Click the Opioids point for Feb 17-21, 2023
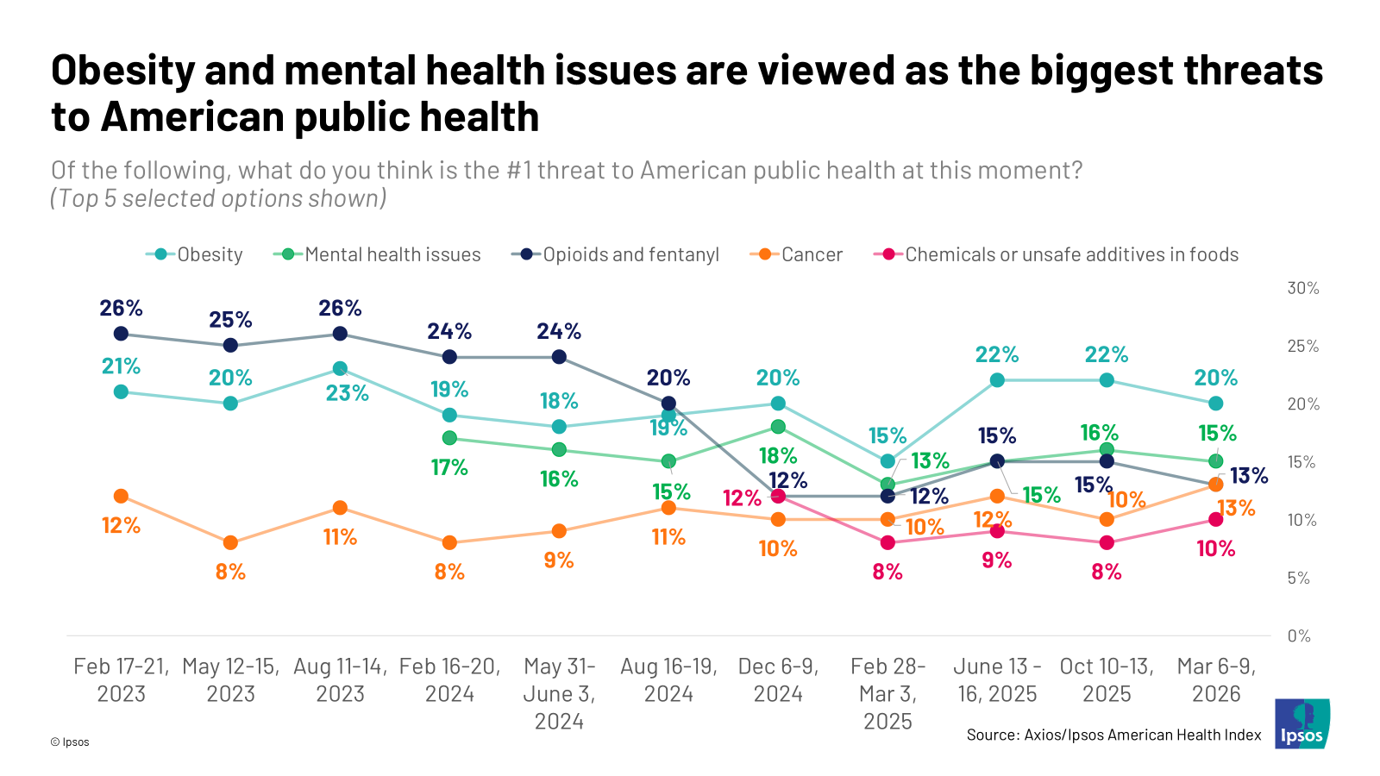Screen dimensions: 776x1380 [x=121, y=334]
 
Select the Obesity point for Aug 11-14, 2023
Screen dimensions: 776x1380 [x=340, y=369]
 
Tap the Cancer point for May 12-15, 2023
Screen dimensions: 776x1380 [x=230, y=542]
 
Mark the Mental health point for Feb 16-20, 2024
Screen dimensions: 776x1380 [x=449, y=438]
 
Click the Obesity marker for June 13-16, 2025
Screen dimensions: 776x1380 [x=997, y=380]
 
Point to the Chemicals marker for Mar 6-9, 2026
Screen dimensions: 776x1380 [x=1216, y=519]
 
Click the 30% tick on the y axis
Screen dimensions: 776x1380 [x=1302, y=288]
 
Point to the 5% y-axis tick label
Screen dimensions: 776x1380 [x=1298, y=578]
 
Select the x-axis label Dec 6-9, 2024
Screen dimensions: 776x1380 [x=778, y=679]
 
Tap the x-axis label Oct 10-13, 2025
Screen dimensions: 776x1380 [x=1107, y=679]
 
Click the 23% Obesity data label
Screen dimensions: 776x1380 [x=348, y=393]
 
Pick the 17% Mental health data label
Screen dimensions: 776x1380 [x=449, y=467]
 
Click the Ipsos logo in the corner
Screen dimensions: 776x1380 [x=1302, y=724]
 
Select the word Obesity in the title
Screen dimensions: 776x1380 [x=122, y=70]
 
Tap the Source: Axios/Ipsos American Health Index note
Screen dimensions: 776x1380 [x=1113, y=735]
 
